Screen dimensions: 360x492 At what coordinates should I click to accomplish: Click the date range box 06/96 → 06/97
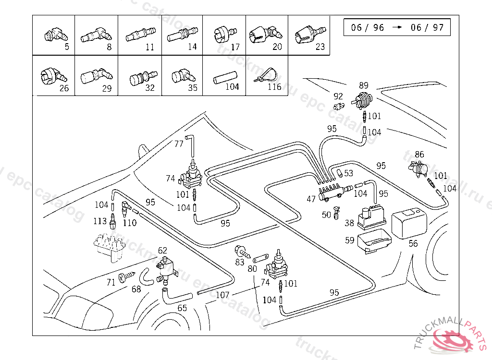[x=397, y=27]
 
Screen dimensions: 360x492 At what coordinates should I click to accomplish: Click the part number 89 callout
[x=364, y=85]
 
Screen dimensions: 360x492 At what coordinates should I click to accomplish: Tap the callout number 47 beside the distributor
[x=311, y=198]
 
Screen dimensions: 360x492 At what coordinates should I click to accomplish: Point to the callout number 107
[x=222, y=295]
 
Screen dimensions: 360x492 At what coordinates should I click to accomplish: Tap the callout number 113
[x=100, y=221]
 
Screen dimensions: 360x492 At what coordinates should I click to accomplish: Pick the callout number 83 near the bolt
[x=240, y=262]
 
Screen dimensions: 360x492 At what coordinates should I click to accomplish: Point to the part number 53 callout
[x=348, y=173]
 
